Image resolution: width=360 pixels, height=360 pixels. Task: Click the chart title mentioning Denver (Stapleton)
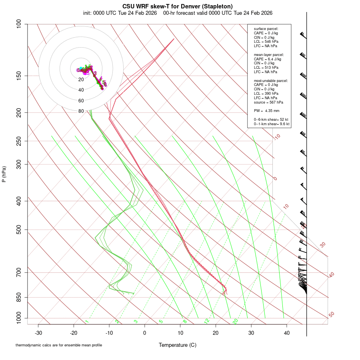point(177,6)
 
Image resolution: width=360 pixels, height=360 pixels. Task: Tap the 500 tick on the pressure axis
point(19,230)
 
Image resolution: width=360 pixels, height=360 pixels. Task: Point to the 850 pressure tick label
point(19,297)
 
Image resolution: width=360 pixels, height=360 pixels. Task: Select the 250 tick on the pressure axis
point(19,141)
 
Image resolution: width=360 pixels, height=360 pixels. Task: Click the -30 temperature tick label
point(38,333)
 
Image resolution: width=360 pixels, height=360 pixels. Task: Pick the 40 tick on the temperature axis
point(286,333)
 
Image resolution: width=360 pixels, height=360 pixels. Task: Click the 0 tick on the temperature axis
point(145,333)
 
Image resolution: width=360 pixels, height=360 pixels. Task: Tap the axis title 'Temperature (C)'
point(177,345)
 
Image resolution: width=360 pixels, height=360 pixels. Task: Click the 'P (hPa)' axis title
point(4,174)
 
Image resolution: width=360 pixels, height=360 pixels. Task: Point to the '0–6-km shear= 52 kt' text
point(271,120)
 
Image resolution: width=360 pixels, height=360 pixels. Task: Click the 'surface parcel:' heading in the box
point(266,29)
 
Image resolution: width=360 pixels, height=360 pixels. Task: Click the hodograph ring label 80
point(81,111)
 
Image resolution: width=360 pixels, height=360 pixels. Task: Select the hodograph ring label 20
point(81,80)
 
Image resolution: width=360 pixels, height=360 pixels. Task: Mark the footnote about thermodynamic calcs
point(59,345)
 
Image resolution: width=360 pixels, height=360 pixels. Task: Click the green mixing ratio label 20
point(235,321)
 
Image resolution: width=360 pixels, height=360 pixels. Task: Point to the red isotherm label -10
point(277,137)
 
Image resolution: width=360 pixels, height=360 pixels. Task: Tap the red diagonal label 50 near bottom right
point(331,315)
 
